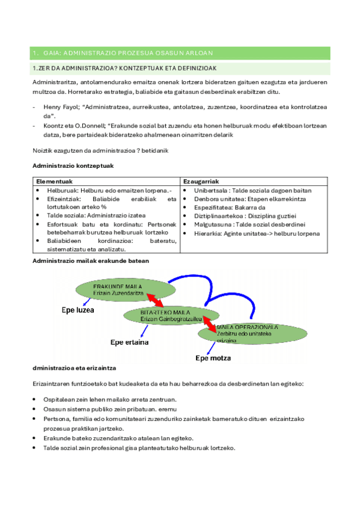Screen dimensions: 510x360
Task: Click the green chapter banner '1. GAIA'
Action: pos(180,53)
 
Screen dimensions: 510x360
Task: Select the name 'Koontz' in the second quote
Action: pos(55,126)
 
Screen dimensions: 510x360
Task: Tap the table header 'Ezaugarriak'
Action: pos(201,181)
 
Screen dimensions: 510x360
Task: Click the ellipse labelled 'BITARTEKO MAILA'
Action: pos(162,316)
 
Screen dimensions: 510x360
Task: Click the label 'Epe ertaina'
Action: pos(130,342)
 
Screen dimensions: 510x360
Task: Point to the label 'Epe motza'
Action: pos(214,359)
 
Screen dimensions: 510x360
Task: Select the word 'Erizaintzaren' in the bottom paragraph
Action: pos(54,383)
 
